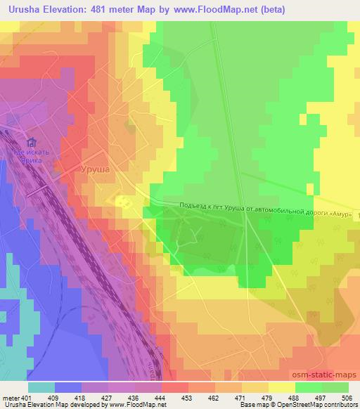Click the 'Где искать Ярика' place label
pos(31,155)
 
